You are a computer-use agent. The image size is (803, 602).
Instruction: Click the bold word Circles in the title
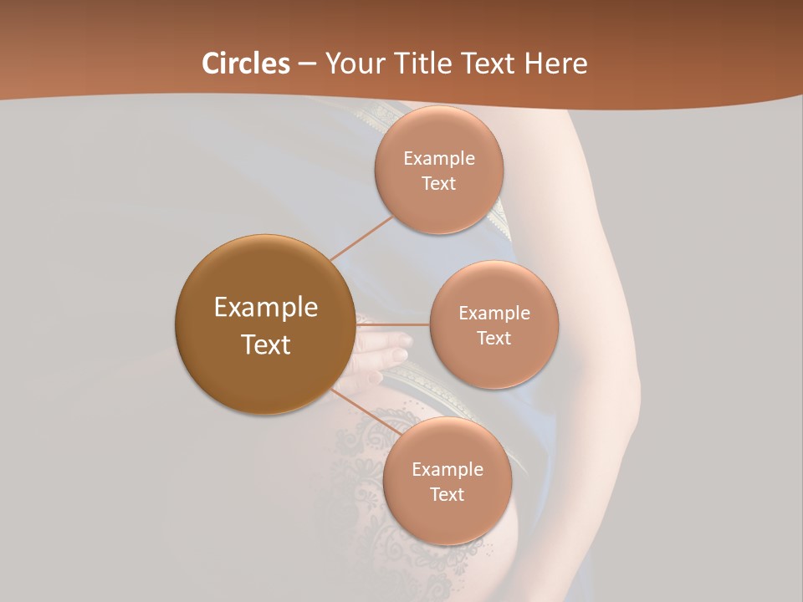click(x=246, y=64)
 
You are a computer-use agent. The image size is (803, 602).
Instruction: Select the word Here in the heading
click(x=557, y=64)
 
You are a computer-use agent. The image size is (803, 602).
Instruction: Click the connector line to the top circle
click(x=361, y=237)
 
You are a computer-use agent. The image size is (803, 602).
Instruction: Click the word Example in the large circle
click(x=265, y=308)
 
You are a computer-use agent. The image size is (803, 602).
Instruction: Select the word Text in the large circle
click(x=265, y=344)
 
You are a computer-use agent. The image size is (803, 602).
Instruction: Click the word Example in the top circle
click(x=438, y=159)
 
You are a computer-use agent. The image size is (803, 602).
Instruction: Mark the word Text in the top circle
click(x=438, y=184)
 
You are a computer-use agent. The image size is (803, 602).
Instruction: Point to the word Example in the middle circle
click(x=494, y=314)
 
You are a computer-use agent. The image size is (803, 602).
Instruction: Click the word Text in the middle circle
click(x=494, y=339)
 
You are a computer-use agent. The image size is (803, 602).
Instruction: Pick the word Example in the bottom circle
click(x=447, y=470)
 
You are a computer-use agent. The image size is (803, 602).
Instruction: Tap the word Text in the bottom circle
click(x=447, y=495)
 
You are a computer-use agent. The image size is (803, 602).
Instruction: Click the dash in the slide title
click(x=306, y=64)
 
